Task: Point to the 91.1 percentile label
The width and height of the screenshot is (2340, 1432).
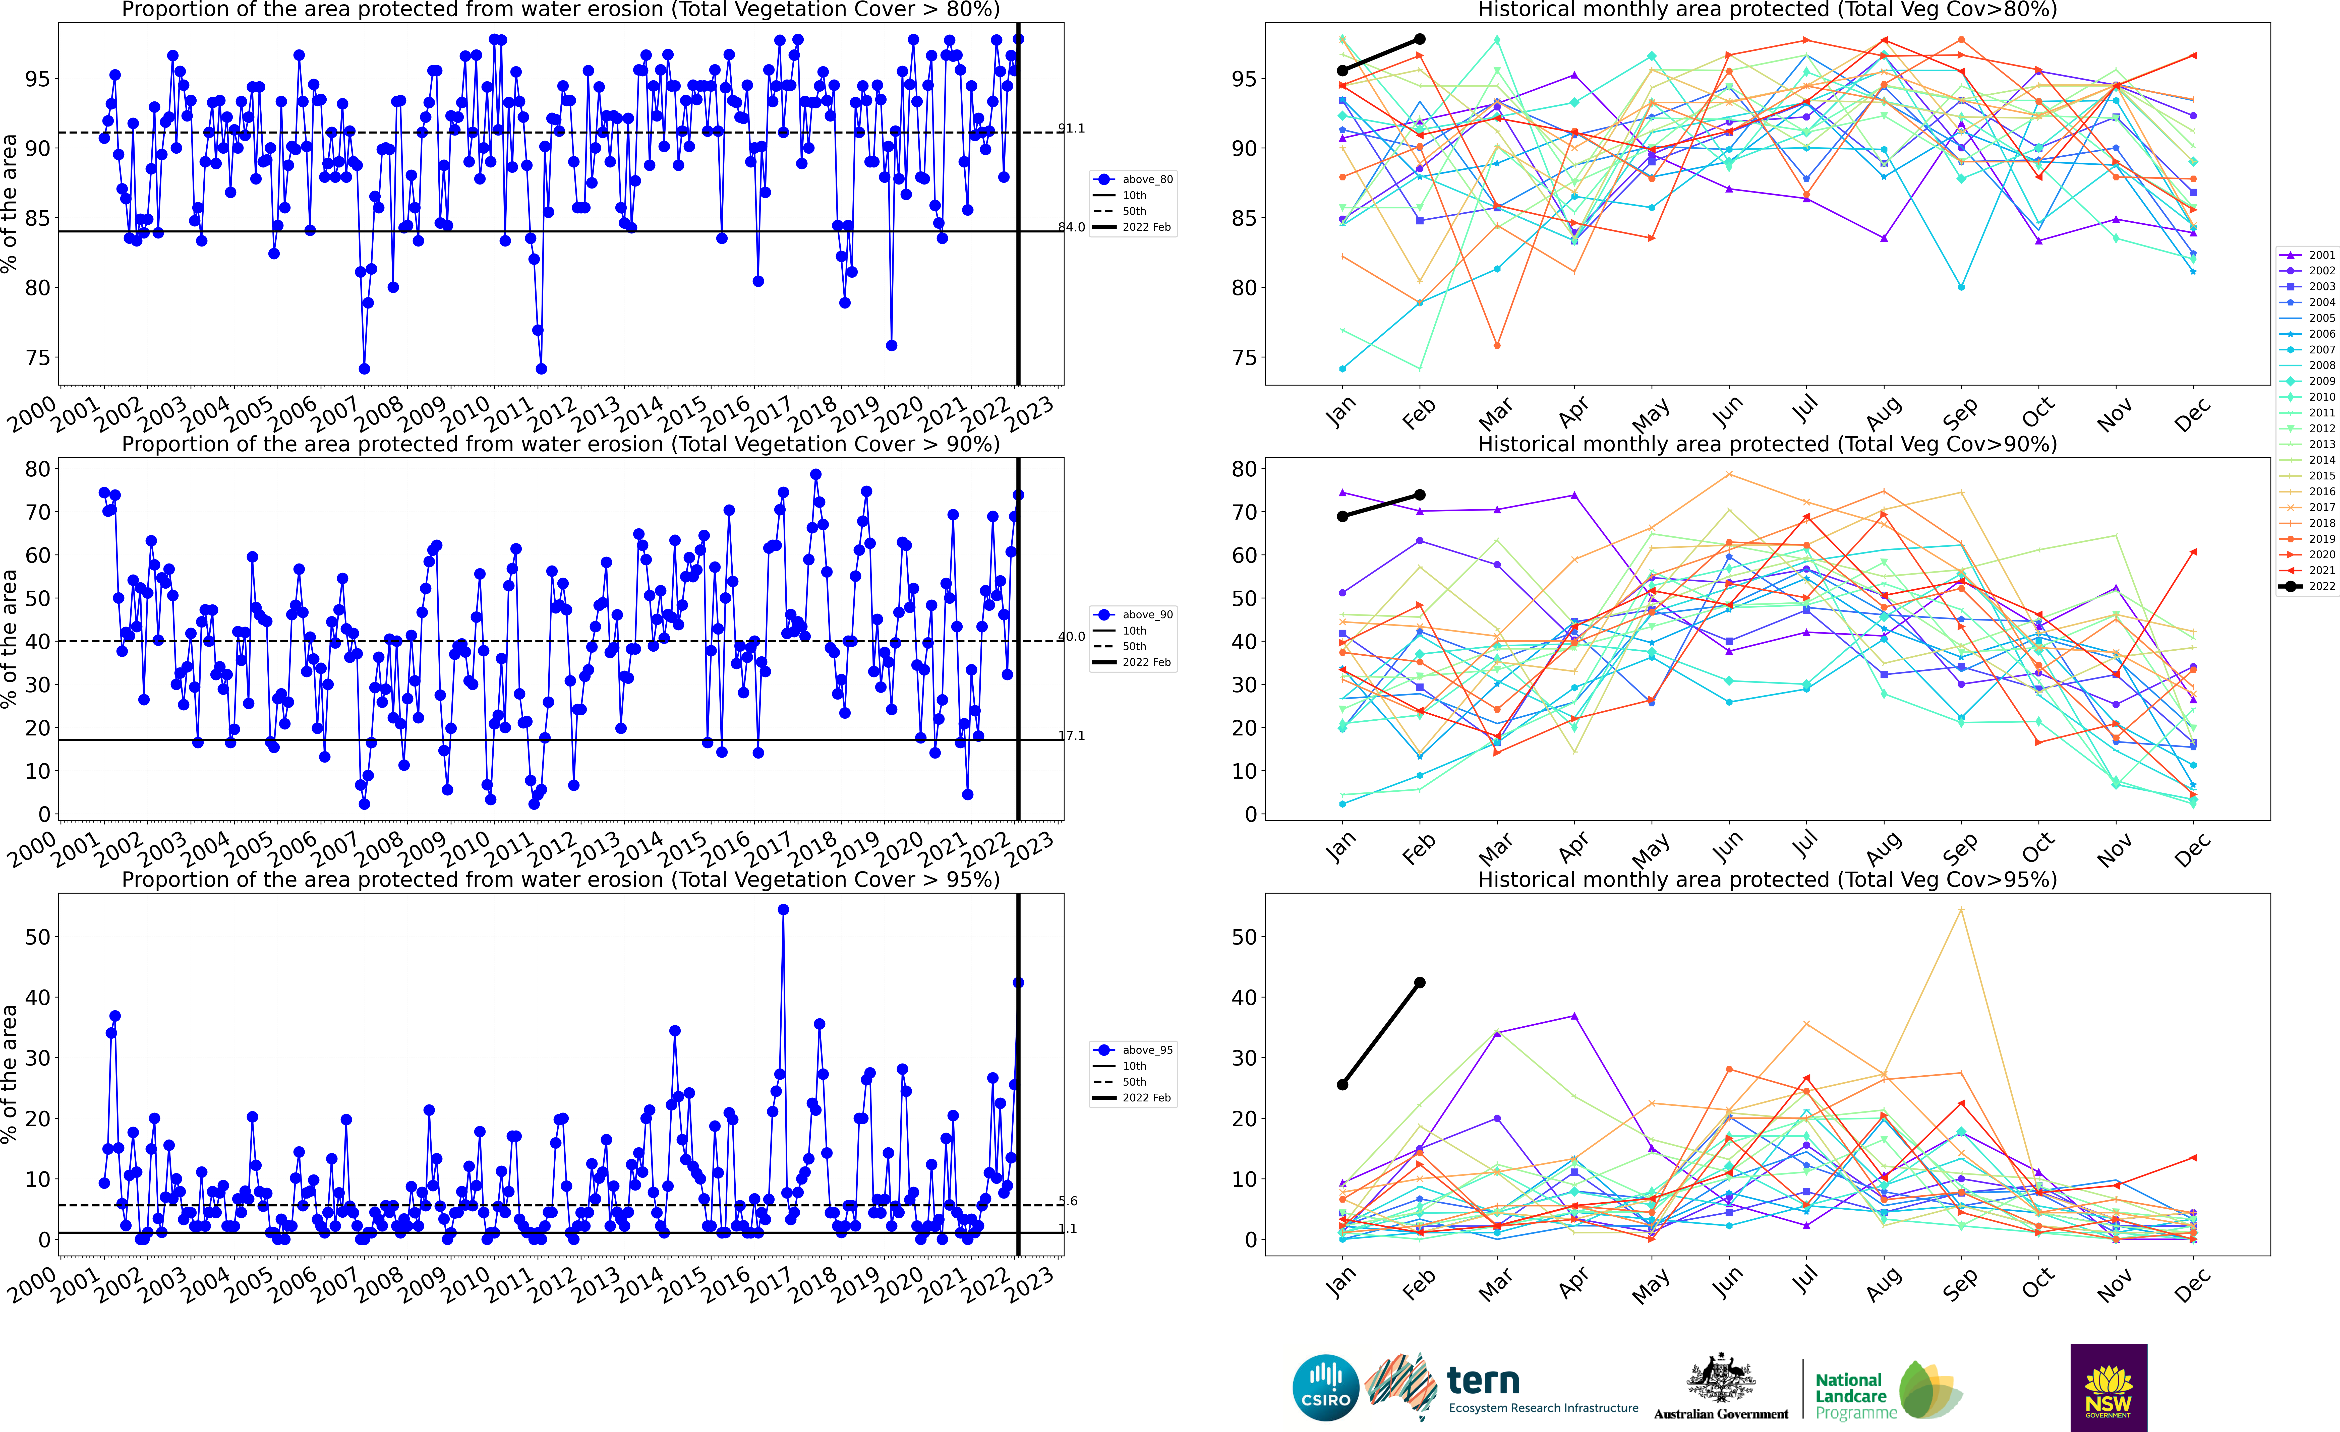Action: click(x=1071, y=128)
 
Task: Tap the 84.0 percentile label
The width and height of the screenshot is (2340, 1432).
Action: click(x=1071, y=227)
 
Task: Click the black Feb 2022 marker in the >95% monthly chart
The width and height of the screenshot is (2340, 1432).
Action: click(x=1420, y=983)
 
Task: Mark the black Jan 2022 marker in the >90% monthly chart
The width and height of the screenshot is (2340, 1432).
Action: click(x=1342, y=517)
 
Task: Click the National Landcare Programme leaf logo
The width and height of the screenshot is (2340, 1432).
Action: click(x=1930, y=1390)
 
